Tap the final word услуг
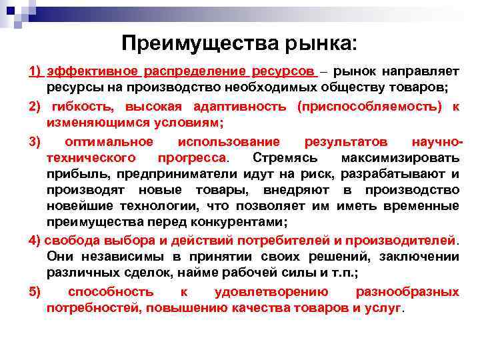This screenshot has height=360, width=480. click(x=385, y=308)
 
